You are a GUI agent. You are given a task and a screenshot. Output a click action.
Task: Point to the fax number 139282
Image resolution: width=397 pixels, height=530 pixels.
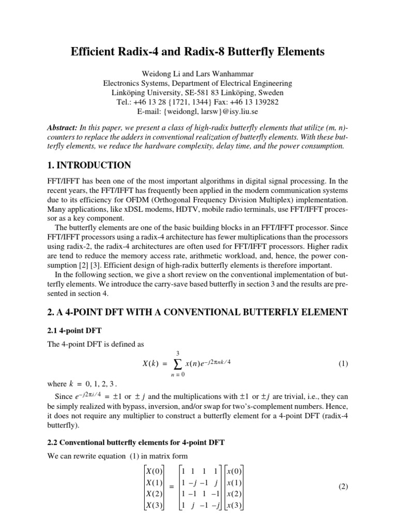[x=263, y=102]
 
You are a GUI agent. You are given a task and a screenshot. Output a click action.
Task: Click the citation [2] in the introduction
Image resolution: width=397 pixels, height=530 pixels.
[x=85, y=258]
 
